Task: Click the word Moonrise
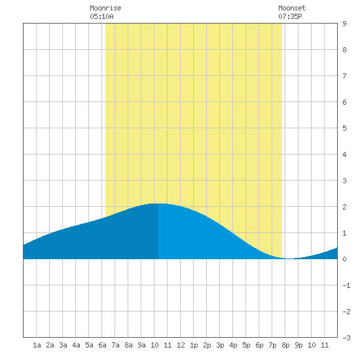click(105, 8)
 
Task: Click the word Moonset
click(292, 8)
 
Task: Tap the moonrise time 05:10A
click(101, 16)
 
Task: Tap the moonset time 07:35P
click(290, 16)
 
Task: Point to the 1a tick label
click(37, 345)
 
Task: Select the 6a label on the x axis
click(102, 345)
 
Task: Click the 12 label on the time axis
click(181, 345)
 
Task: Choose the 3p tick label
click(220, 345)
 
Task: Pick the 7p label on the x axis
click(272, 345)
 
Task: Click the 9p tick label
click(298, 345)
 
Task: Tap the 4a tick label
click(76, 345)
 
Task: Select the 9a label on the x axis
click(141, 345)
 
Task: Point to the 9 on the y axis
click(344, 24)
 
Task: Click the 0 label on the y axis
click(344, 259)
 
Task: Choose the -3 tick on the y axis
click(346, 338)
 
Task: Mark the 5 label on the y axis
click(344, 128)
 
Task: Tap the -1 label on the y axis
click(346, 285)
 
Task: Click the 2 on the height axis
click(344, 207)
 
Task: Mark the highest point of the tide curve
click(158, 204)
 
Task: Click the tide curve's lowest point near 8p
click(290, 259)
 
